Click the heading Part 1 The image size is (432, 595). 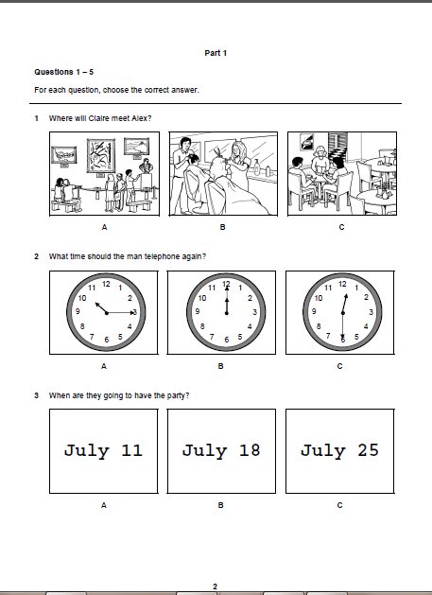click(216, 53)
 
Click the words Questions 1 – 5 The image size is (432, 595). click(63, 72)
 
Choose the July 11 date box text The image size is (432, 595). click(103, 451)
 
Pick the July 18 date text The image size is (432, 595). click(221, 451)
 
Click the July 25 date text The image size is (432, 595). click(339, 451)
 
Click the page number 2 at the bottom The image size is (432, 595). click(215, 586)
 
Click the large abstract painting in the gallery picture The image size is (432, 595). click(101, 155)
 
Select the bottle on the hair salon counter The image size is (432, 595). click(257, 167)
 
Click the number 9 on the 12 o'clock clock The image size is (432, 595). click(198, 311)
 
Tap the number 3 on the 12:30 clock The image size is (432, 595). click(371, 312)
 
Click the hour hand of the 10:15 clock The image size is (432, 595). click(101, 307)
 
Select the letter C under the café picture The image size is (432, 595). click(341, 227)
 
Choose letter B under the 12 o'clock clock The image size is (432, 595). click(221, 366)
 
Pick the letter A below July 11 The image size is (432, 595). click(104, 505)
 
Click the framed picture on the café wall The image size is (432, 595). click(307, 142)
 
